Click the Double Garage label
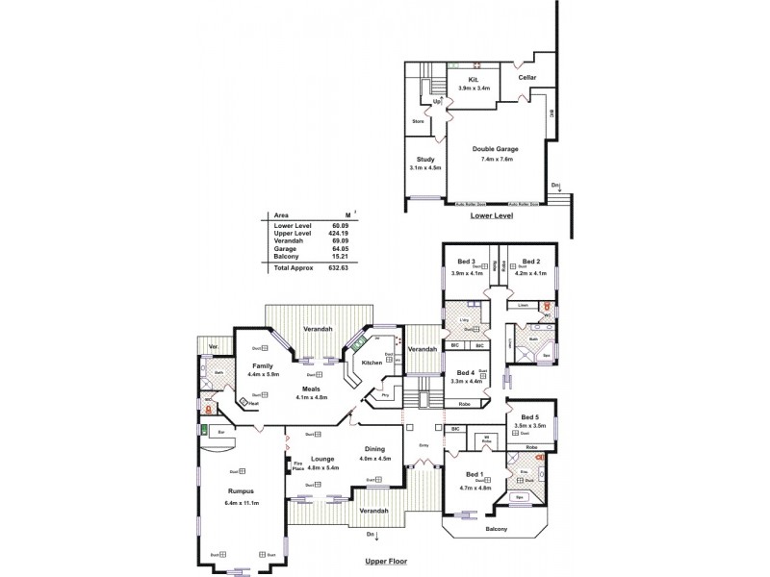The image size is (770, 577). click(497, 149)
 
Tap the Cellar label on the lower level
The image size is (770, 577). click(526, 77)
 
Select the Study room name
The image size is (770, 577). click(424, 159)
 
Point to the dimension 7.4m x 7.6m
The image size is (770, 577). click(497, 159)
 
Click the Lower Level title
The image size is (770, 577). click(491, 216)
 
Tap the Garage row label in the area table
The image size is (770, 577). click(285, 248)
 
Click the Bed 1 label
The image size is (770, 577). click(475, 476)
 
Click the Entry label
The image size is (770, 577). click(424, 445)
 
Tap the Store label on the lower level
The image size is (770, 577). click(418, 121)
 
